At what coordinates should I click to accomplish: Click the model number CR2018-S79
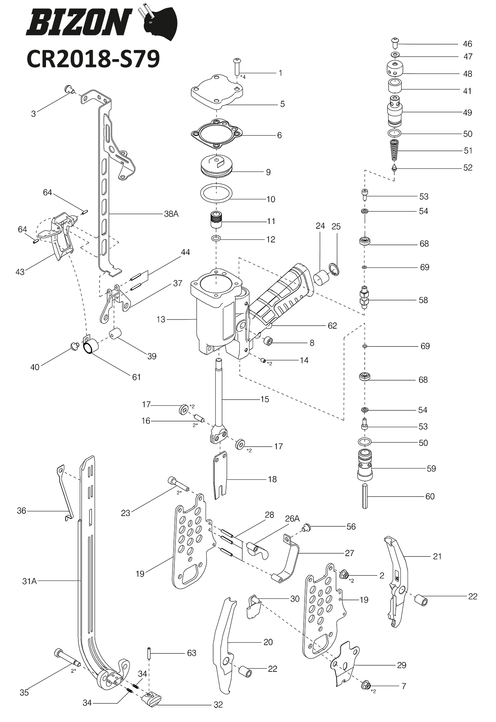[93, 59]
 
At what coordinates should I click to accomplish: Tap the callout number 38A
[171, 214]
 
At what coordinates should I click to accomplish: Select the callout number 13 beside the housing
[161, 319]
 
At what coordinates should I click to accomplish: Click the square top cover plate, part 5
[217, 92]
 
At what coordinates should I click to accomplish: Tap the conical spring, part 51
[394, 151]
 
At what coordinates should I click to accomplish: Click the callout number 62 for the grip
[332, 326]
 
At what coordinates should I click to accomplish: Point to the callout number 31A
[29, 581]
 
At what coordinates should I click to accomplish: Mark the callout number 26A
[292, 518]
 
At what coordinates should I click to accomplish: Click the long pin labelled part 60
[365, 496]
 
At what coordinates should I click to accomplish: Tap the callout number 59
[431, 469]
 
